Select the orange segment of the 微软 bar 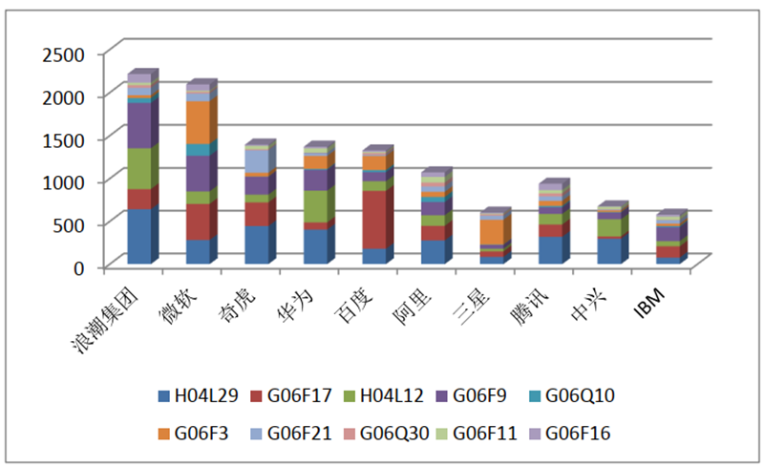point(200,121)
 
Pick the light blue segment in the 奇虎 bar point(257,161)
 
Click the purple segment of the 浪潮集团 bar point(139,124)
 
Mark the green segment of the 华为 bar point(315,205)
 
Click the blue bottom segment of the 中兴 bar point(609,250)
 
